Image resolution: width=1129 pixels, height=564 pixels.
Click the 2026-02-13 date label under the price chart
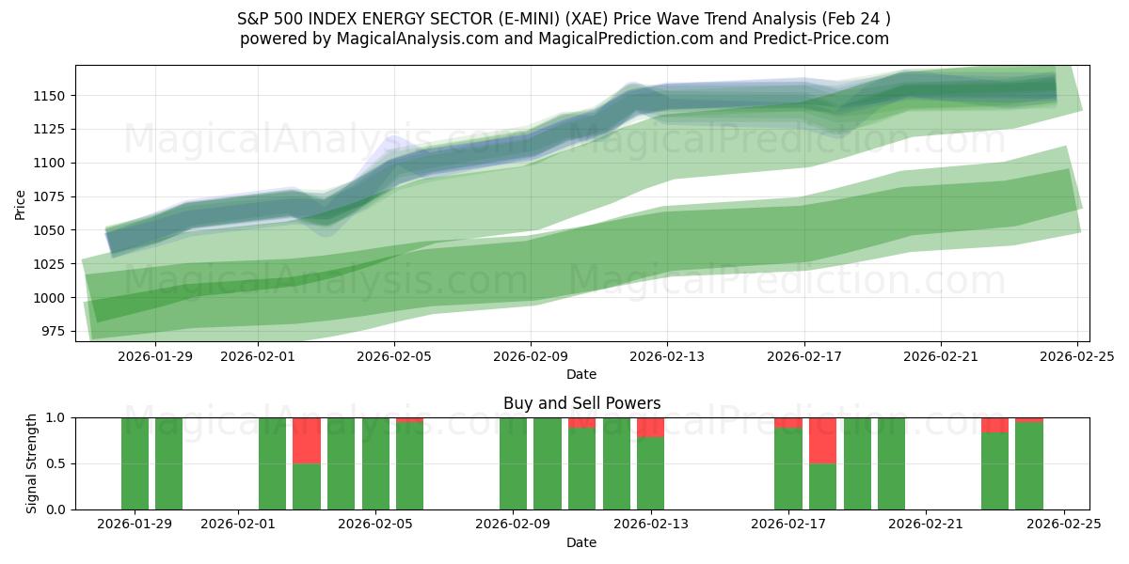tap(667, 357)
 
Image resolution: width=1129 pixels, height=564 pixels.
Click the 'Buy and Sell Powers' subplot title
tap(581, 403)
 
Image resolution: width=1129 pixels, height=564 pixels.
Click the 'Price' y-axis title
tap(21, 204)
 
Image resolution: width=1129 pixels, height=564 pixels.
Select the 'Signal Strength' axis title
tap(32, 463)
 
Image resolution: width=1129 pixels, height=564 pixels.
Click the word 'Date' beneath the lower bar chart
tap(581, 542)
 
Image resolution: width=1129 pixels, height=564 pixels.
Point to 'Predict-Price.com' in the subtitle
tap(823, 39)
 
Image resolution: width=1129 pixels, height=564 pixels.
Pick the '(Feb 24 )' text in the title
tap(856, 19)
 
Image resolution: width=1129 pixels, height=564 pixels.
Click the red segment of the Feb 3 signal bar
tap(307, 440)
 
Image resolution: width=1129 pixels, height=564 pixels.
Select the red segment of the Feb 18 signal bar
tap(822, 440)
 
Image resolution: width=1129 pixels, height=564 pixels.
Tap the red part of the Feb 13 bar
tap(650, 427)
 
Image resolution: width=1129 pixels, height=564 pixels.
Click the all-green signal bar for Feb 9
tap(513, 463)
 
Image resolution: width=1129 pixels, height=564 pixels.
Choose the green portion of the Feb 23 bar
tap(994, 470)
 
